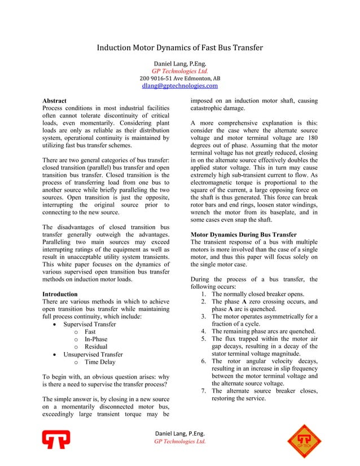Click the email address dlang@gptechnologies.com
pyautogui.click(x=180, y=86)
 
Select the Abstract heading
pyautogui.click(x=55, y=100)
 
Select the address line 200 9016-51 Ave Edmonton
pyautogui.click(x=180, y=78)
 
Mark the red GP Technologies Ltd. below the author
pyautogui.click(x=180, y=71)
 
